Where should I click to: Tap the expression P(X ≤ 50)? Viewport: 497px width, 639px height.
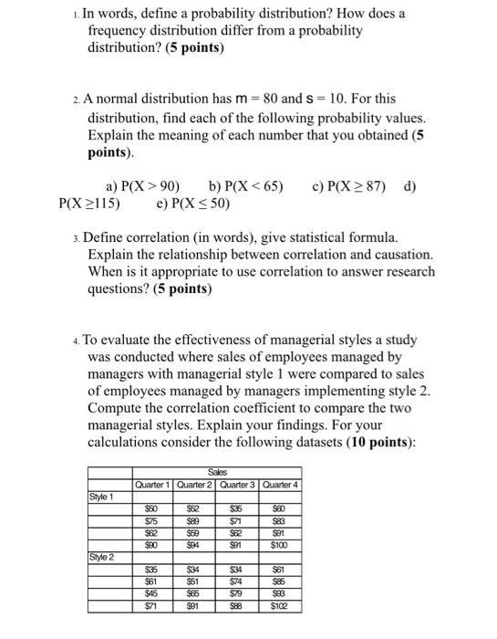(x=199, y=204)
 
